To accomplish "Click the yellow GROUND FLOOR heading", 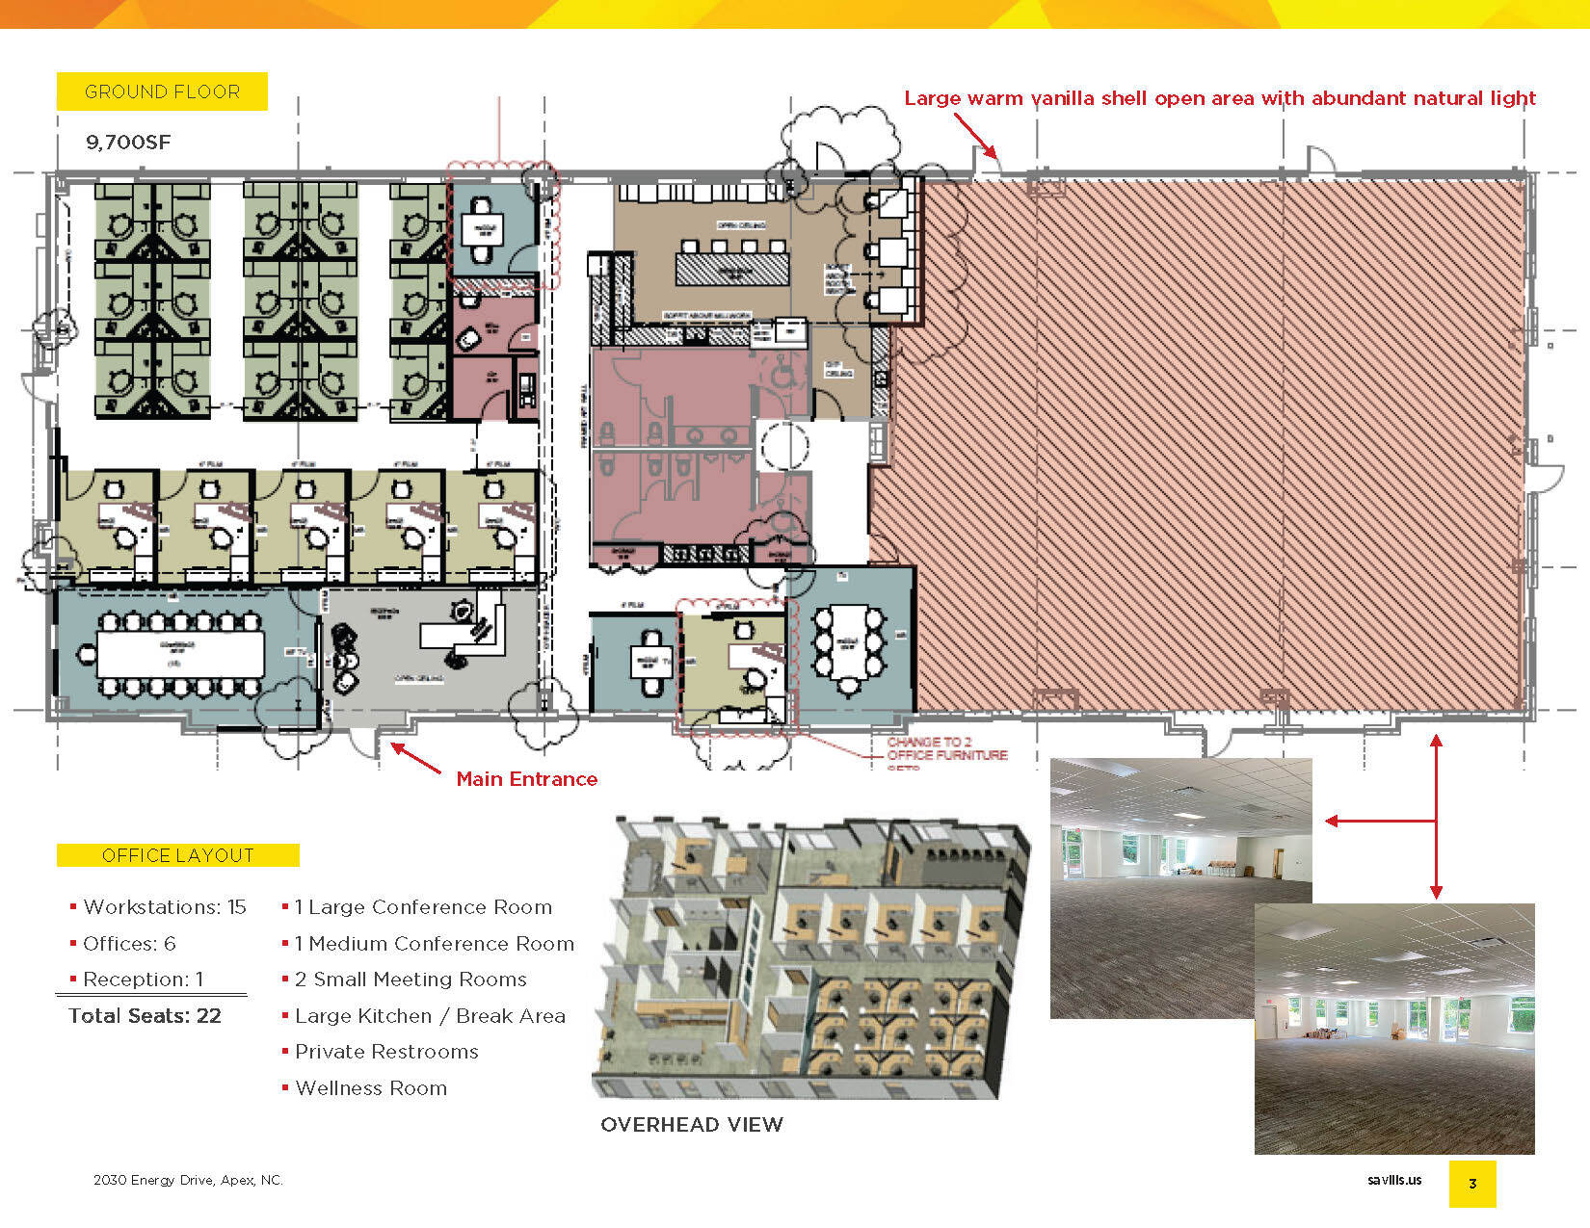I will pos(162,91).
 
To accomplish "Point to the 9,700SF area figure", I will pos(128,143).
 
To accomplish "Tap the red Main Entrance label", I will pos(526,779).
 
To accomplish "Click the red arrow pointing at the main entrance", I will pos(415,758).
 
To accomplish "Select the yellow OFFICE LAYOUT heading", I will pos(178,855).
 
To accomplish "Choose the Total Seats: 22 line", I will pos(145,1016).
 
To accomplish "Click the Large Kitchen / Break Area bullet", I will pos(430,1016).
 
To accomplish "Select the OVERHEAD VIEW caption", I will pos(692,1125).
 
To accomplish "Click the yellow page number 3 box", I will pos(1472,1184).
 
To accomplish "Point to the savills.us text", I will pos(1394,1180).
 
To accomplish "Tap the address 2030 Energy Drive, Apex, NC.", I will pos(188,1180).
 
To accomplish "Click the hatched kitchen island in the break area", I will pos(731,268).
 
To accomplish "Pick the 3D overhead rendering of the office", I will pos(809,958).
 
